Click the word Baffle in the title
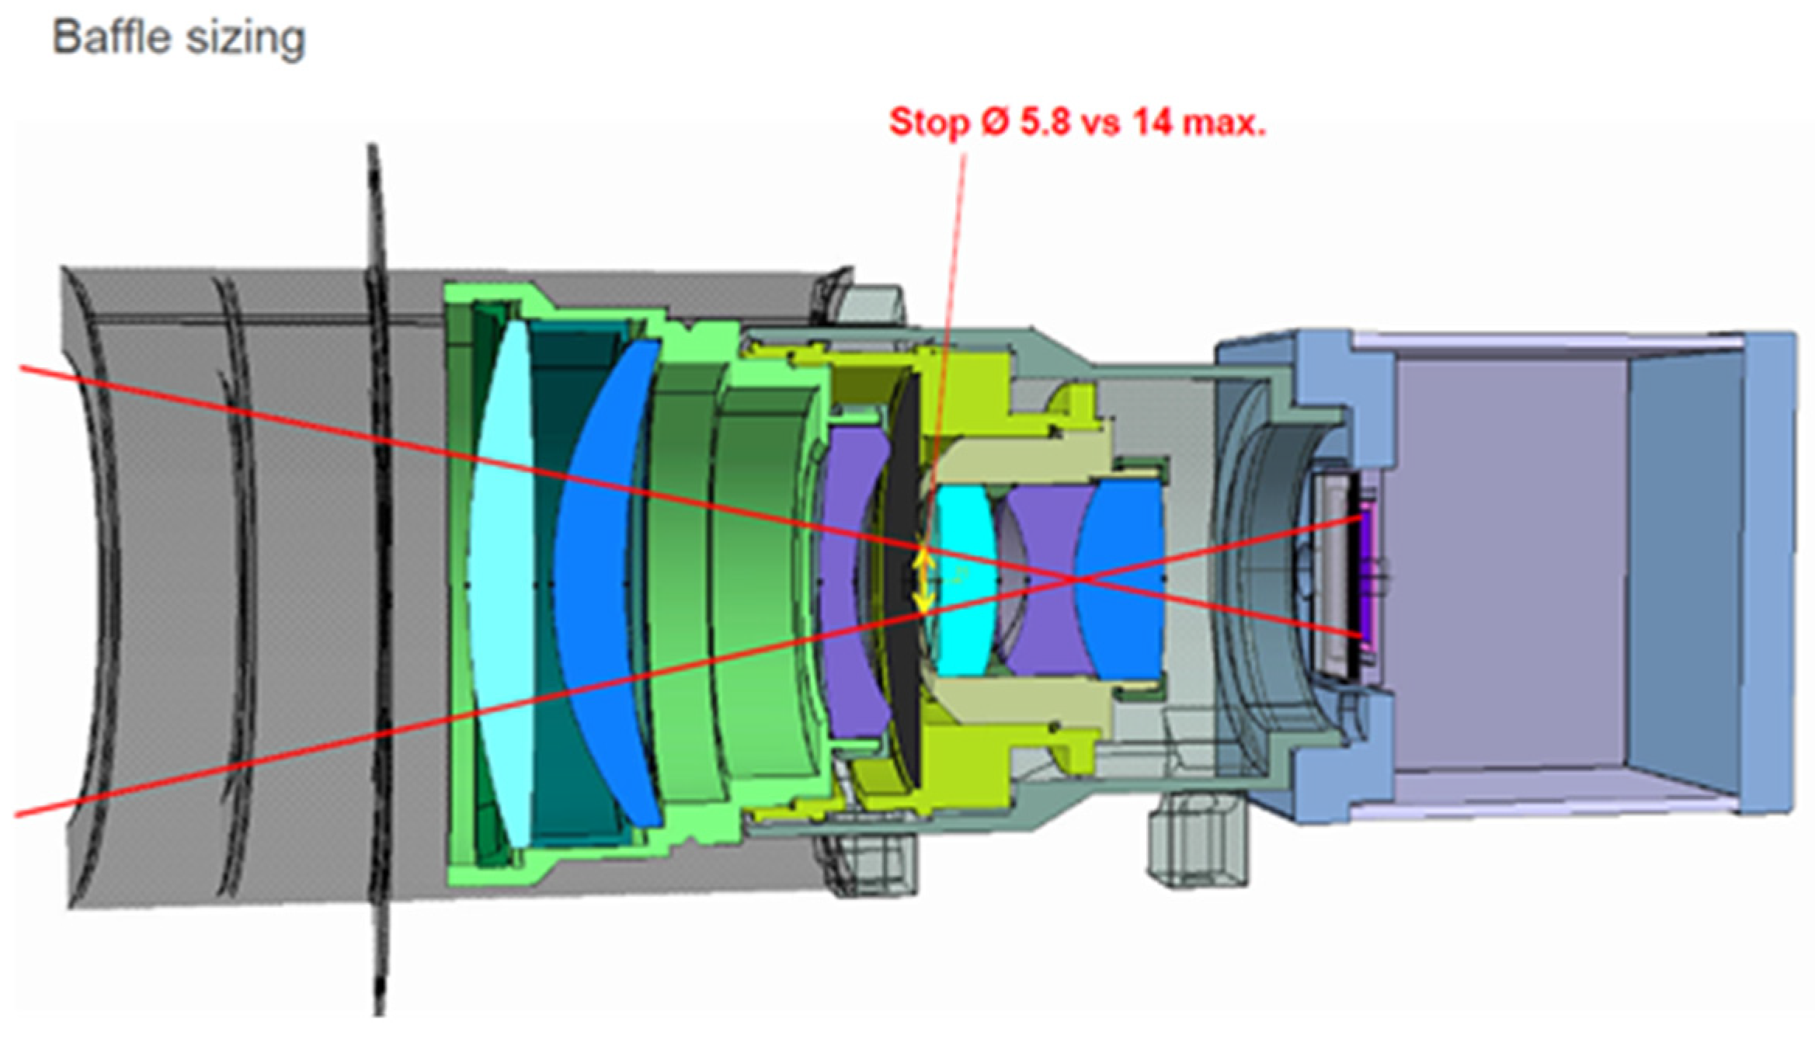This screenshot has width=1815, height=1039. pyautogui.click(x=110, y=36)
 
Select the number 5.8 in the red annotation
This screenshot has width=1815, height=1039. pyautogui.click(x=1045, y=122)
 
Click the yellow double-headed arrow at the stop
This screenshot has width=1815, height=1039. pyautogui.click(x=923, y=580)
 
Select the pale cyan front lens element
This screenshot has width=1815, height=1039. pyautogui.click(x=506, y=582)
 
